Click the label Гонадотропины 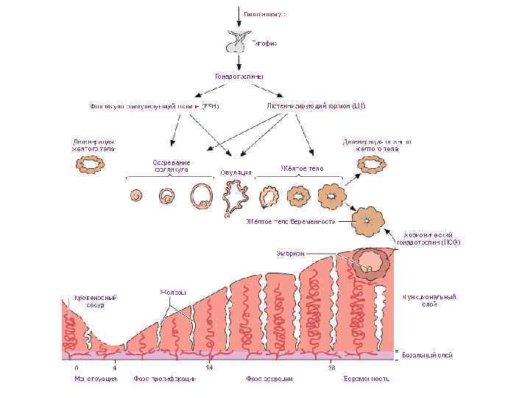point(240,76)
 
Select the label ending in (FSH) point(154,106)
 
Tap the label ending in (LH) point(316,105)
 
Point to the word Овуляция point(236,172)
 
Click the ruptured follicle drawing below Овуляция point(236,197)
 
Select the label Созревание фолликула point(172,165)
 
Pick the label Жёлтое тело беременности point(291,221)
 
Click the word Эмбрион point(291,253)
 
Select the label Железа point(173,293)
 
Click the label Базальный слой point(428,355)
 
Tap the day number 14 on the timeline point(209,366)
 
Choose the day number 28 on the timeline point(332,366)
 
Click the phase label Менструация point(96,379)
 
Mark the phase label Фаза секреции point(269,379)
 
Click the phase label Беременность point(366,379)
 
